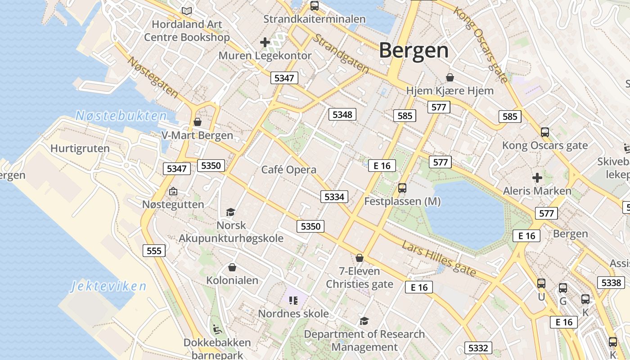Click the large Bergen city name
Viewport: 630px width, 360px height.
coord(414,50)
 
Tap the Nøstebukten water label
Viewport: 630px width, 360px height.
coord(121,116)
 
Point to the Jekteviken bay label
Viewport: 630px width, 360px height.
coord(109,287)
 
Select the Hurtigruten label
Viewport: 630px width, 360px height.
coord(80,148)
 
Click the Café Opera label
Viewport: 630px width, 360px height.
coord(289,170)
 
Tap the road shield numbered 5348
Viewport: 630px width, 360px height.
coord(342,114)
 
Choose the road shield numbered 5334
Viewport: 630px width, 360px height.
coord(334,197)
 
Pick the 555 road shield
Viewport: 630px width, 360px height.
coord(154,250)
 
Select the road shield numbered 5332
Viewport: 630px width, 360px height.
coord(478,348)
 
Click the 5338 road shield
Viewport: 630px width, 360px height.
coord(611,283)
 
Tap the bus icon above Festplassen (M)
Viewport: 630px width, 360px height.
coord(402,188)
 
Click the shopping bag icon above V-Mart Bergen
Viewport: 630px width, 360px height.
coord(197,122)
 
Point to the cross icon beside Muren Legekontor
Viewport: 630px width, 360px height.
coord(265,43)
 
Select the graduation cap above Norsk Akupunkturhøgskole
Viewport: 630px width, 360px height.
coord(231,212)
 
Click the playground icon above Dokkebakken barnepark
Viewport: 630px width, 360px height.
coord(217,329)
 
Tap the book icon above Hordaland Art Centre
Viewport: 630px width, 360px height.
coord(186,10)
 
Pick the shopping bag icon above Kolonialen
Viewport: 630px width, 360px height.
coord(232,267)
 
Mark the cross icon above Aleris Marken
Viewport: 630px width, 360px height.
coord(537,178)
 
